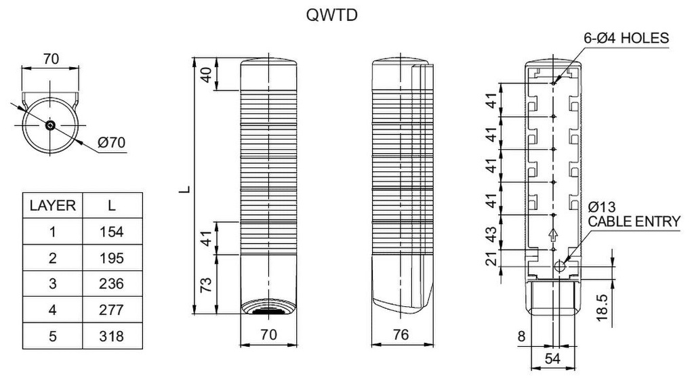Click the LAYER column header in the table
tap(52, 205)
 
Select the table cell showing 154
tap(112, 232)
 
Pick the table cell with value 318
tap(112, 336)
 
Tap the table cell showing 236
tap(112, 284)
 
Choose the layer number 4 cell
tap(52, 310)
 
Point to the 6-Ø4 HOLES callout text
tap(626, 39)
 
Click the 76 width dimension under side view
tap(401, 335)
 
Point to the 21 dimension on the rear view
tap(493, 259)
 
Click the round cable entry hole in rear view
tap(560, 266)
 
